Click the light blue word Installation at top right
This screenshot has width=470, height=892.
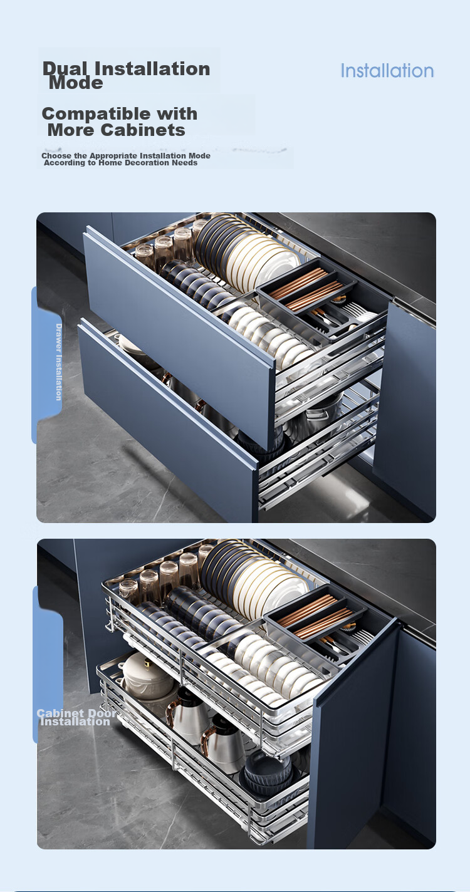[x=387, y=71]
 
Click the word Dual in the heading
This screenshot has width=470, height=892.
[x=65, y=68]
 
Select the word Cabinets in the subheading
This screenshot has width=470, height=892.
[x=143, y=130]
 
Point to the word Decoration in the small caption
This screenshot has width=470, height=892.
[x=147, y=162]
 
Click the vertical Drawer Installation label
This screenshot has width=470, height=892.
[x=58, y=362]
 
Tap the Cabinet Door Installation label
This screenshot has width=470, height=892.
[x=76, y=717]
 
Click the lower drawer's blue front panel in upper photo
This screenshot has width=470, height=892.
[x=167, y=422]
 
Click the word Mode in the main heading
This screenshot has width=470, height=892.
[x=76, y=83]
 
